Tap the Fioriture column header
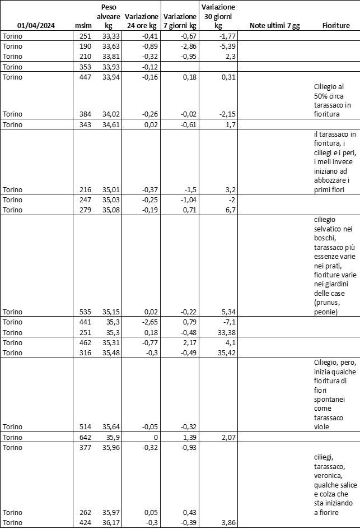[336, 26]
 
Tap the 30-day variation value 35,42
[224, 352]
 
